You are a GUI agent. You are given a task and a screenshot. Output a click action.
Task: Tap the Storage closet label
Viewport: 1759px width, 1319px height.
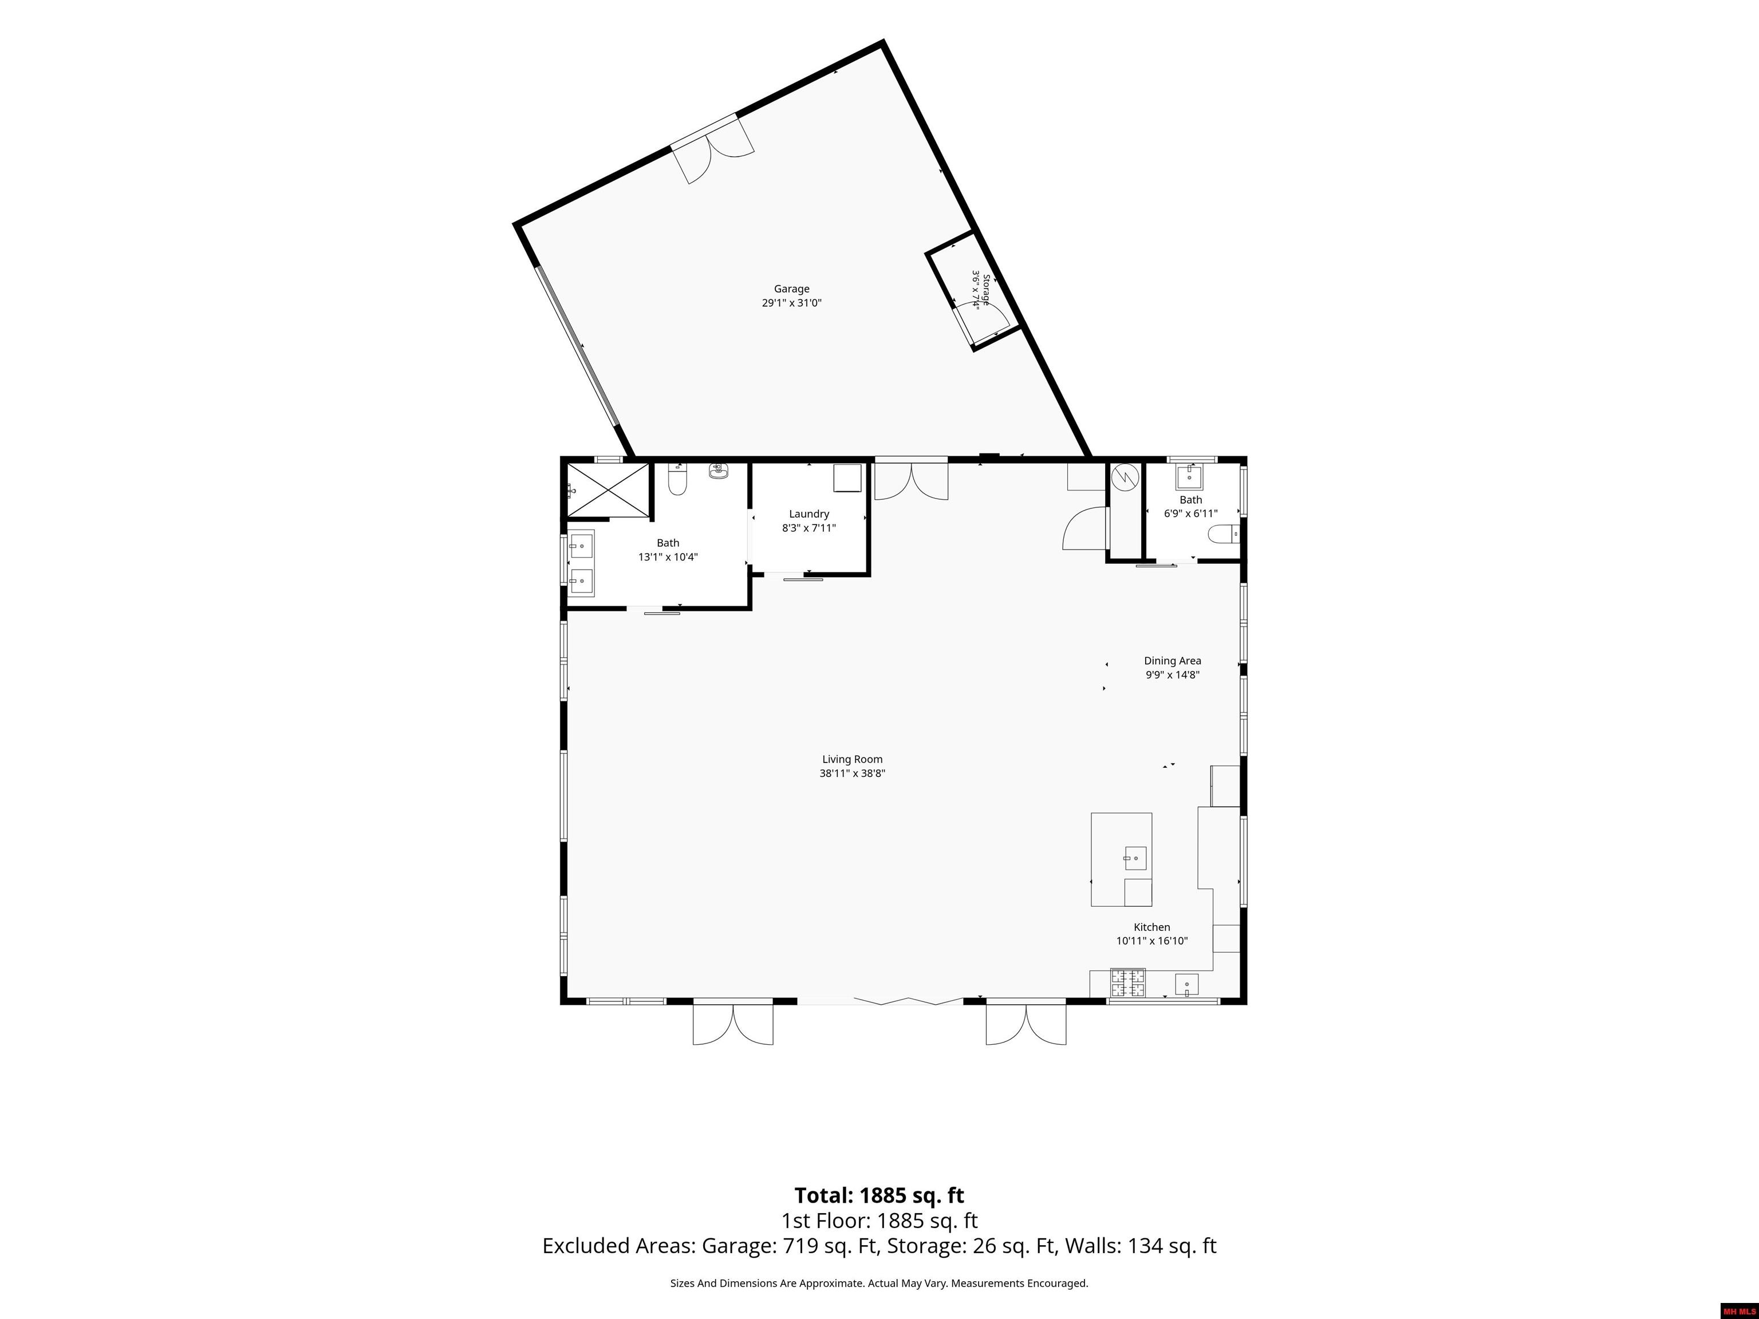986,290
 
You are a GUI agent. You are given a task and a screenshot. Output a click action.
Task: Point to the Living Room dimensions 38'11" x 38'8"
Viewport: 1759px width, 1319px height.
853,773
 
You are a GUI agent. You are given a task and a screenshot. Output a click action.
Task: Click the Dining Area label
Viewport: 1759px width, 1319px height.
1172,661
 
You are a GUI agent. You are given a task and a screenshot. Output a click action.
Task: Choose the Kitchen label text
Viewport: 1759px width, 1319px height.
1151,927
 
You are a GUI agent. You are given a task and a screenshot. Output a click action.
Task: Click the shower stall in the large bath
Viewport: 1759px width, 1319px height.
608,489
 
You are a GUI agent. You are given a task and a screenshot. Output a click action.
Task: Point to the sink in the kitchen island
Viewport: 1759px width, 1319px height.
1135,859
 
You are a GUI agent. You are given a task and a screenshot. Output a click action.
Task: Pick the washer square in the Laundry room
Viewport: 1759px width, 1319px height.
847,479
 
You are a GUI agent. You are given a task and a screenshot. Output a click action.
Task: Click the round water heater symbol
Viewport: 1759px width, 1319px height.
1125,476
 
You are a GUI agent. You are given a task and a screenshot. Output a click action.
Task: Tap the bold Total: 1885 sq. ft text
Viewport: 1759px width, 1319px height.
879,1196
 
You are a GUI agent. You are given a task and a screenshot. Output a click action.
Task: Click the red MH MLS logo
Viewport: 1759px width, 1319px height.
1739,1311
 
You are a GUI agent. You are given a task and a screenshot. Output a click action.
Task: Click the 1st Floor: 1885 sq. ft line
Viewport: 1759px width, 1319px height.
879,1221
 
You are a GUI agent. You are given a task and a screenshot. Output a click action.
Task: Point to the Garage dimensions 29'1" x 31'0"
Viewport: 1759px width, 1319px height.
791,303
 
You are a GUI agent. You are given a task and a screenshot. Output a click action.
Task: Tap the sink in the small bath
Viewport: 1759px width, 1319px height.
1190,475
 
